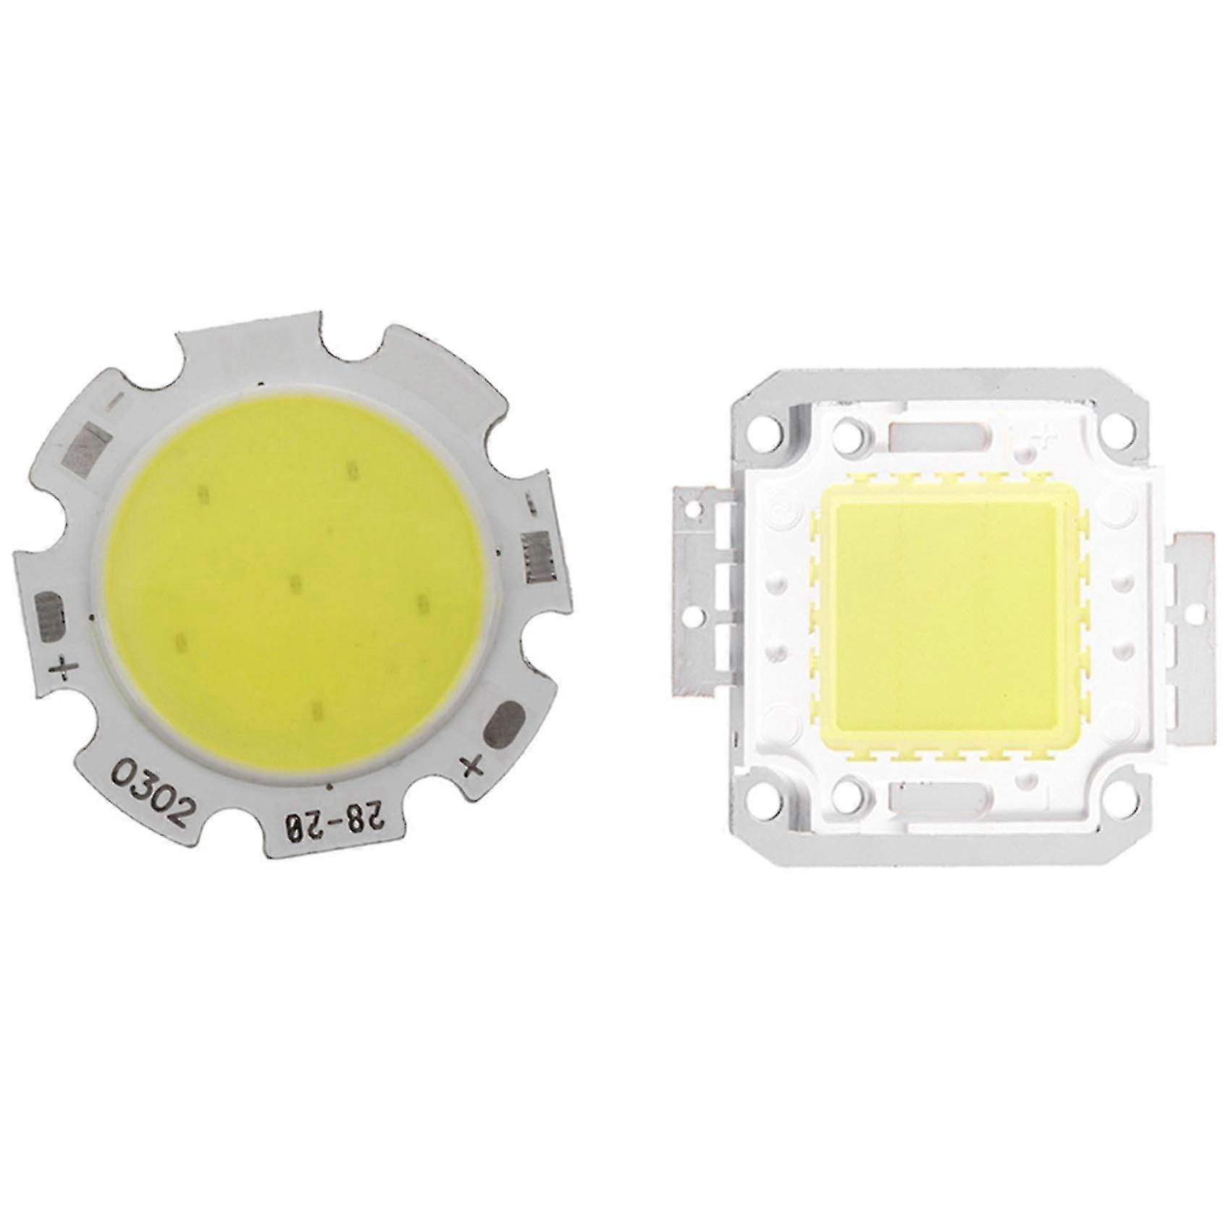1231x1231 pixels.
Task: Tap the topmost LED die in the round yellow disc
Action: (353, 469)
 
